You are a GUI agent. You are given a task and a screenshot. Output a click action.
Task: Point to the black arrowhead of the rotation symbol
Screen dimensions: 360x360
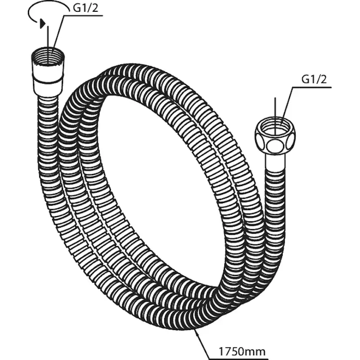42,23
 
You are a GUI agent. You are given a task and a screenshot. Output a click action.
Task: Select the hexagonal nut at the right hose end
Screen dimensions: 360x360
275,136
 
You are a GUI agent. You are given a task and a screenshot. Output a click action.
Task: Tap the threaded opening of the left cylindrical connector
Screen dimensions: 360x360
48,56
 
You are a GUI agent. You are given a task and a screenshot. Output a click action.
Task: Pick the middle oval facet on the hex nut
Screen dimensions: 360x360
275,145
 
